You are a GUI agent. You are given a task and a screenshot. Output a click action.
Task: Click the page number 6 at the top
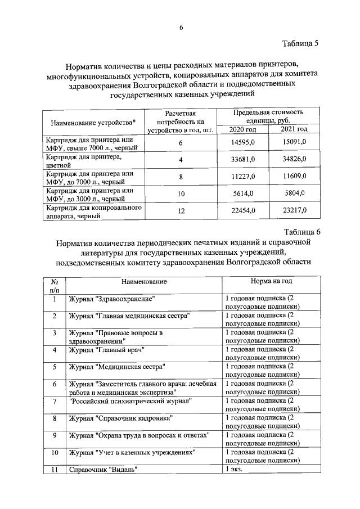coord(181,28)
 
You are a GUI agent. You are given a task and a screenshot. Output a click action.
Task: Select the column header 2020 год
coord(244,129)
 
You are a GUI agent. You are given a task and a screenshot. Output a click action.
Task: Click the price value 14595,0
coord(244,143)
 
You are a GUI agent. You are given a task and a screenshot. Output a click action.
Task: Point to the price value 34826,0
coord(294,160)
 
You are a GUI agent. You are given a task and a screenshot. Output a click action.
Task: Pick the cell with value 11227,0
coord(244,177)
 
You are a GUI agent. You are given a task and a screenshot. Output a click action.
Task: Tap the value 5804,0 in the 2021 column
coord(294,193)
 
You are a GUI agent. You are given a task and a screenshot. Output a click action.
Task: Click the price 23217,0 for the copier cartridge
coord(294,210)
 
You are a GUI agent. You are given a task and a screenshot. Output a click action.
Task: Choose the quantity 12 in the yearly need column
coord(181,210)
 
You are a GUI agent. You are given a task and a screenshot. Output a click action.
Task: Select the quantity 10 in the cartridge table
coord(181,193)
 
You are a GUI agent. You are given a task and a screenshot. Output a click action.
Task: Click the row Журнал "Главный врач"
coord(107,349)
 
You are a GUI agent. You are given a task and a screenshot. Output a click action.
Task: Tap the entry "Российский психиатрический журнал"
coord(130,401)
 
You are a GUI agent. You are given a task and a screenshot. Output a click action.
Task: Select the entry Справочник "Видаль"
coord(103,469)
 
